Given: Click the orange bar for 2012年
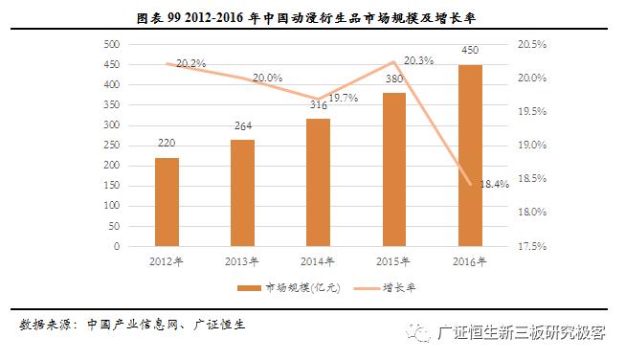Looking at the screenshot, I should (x=167, y=202).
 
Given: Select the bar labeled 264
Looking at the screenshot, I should (x=242, y=193).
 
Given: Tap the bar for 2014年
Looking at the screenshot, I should (x=318, y=183).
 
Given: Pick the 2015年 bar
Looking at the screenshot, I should (x=394, y=169).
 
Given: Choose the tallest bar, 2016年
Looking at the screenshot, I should (x=470, y=155).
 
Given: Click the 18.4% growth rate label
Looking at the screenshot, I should (x=494, y=184).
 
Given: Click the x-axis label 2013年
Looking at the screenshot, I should (x=242, y=259).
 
